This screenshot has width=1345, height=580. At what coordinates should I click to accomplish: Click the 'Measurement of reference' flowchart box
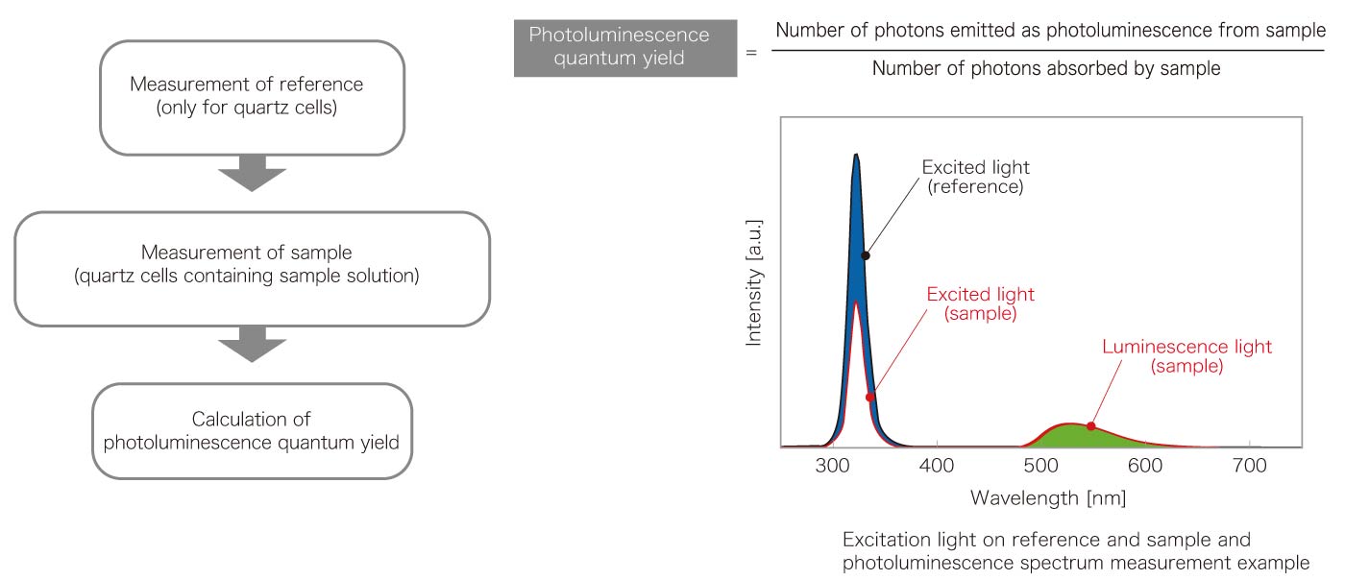point(246,97)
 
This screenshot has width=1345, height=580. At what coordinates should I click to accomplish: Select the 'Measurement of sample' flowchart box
point(246,268)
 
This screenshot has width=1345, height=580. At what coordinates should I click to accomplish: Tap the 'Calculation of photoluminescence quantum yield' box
point(252,430)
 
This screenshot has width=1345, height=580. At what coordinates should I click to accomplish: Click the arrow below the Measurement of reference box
point(252,178)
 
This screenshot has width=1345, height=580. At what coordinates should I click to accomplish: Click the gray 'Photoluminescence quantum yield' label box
point(624,47)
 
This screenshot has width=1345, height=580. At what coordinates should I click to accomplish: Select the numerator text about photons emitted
point(1049,30)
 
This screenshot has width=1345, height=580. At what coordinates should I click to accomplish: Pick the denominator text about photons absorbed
point(1046,69)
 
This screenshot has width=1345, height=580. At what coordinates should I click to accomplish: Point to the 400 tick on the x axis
point(936,466)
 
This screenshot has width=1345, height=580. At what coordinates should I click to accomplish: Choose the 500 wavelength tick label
point(1040,466)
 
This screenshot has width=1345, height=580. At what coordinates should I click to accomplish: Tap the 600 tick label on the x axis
point(1145,466)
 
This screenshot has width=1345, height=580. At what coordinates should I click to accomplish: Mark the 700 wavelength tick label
point(1249,466)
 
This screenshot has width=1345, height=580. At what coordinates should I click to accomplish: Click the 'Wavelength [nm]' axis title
point(1048,498)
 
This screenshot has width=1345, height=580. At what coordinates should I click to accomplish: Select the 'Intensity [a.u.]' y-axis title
point(756,281)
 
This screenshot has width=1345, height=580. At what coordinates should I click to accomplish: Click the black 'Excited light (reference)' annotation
point(974,177)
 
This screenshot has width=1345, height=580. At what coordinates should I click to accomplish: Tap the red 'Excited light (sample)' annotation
point(980,303)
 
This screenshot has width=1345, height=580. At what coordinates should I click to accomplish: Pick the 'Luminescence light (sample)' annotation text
point(1186,356)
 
